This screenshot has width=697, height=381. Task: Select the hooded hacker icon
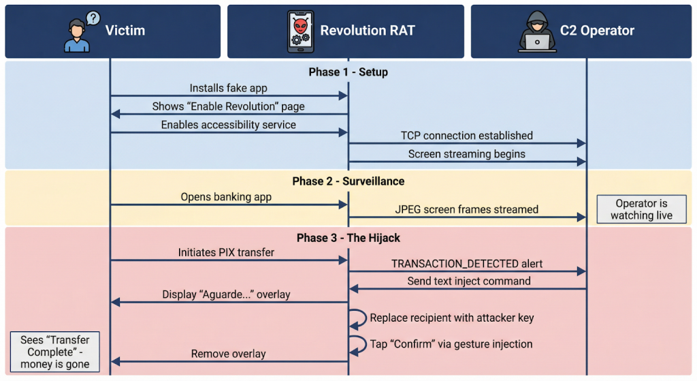pos(536,32)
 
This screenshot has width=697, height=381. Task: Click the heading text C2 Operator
pos(597,31)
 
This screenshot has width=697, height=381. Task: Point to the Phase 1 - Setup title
pos(348,72)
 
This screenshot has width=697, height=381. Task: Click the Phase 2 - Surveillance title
pos(348,181)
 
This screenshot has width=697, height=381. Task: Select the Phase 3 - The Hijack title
pos(348,238)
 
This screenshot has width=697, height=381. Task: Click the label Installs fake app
pos(228,88)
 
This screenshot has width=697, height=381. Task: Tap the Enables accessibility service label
pos(228,125)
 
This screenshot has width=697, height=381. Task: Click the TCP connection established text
pos(466,136)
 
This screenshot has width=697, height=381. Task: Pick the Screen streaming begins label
pos(466,154)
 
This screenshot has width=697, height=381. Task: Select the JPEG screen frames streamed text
pos(466,209)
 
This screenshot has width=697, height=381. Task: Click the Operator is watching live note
pos(641,209)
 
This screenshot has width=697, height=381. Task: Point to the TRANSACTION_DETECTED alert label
pos(466,264)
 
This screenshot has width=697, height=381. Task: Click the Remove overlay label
pos(228,354)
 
